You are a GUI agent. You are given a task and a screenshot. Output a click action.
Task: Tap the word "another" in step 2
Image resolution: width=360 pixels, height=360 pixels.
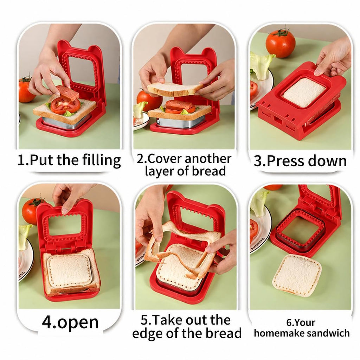coord(208,159)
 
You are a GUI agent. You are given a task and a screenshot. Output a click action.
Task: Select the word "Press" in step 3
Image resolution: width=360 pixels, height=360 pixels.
coord(285,161)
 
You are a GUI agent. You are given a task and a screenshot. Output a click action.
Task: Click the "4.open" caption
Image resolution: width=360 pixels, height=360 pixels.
coord(70,322)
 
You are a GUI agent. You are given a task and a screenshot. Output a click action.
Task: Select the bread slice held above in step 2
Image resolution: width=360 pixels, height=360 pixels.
coord(175,89)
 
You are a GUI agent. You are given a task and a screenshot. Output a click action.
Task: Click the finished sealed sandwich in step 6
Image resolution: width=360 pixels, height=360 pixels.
coord(297,274)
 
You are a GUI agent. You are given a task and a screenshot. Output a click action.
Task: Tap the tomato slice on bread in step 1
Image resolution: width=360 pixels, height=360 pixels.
coord(65,106)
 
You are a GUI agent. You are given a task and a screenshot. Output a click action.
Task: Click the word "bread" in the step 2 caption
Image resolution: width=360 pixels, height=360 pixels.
coord(209,171)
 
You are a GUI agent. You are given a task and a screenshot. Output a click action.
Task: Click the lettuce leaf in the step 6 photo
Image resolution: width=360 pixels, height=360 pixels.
coord(259,203)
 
